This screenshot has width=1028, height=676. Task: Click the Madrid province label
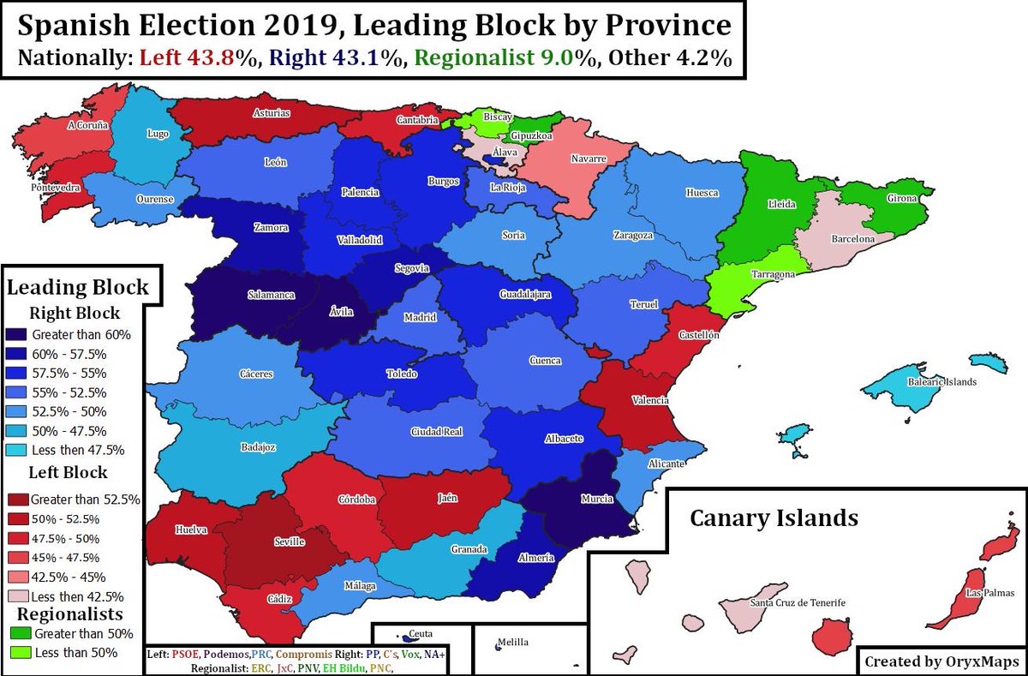421,318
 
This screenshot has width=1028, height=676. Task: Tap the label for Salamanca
271,295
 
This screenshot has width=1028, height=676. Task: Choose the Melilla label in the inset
514,643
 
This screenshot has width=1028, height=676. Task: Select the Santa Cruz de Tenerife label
797,603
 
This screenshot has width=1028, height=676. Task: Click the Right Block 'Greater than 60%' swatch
17,334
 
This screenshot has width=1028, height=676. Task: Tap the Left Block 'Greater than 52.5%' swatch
17,499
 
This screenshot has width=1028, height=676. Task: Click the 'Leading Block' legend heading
77,287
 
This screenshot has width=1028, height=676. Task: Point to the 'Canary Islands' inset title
774,517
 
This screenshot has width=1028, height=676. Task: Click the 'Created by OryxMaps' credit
941,661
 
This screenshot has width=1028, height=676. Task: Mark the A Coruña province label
87,125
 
